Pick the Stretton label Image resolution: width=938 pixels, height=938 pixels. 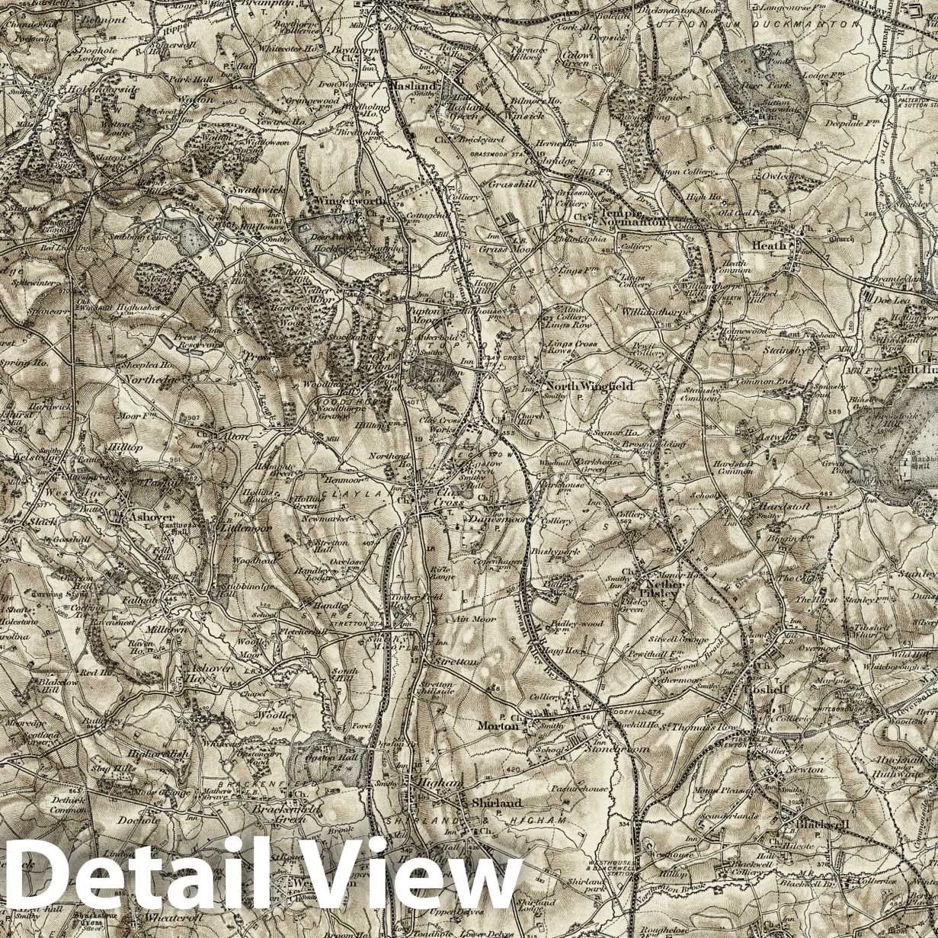pyautogui.click(x=454, y=661)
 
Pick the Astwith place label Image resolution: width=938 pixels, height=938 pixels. pyautogui.click(x=774, y=439)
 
